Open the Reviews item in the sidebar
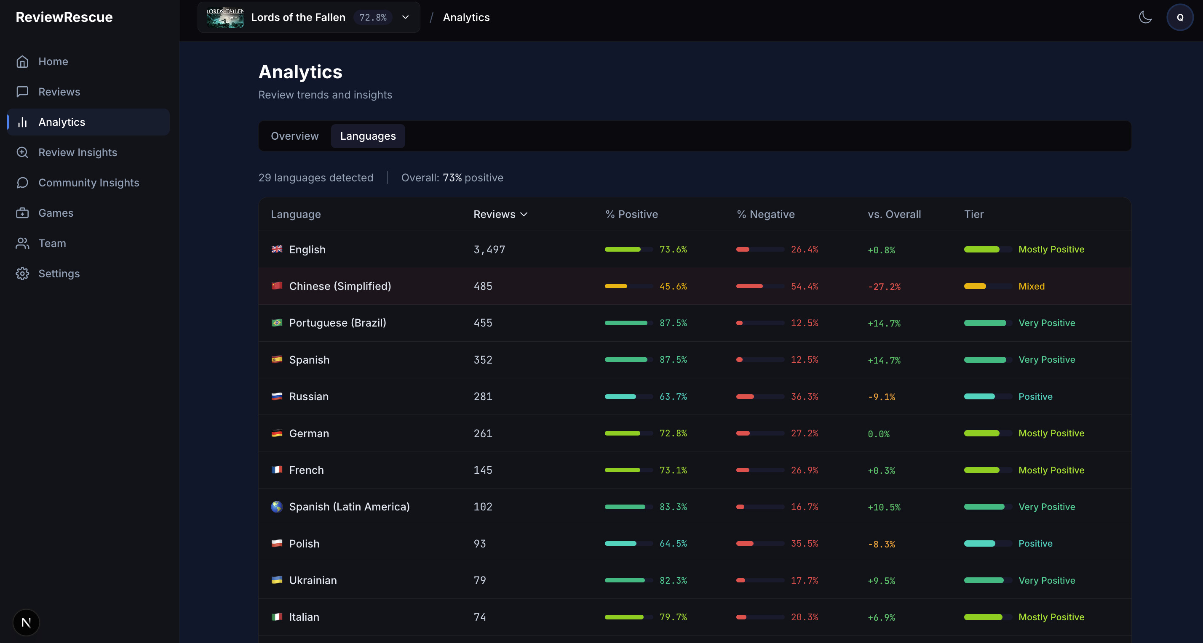59,92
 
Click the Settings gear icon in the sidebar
22,274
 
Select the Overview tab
295,136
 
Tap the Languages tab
368,136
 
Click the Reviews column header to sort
500,214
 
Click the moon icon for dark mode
1145,17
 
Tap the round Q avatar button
1180,17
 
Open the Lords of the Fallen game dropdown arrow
405,17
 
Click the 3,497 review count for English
489,250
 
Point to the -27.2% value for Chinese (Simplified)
884,287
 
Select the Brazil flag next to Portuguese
277,322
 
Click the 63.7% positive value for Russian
673,397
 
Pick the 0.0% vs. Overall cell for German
878,434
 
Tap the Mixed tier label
1031,286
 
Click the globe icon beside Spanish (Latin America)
277,507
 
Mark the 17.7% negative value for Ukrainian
804,580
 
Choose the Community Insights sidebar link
89,183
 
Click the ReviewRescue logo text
64,17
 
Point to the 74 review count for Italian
480,617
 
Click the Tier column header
974,214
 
